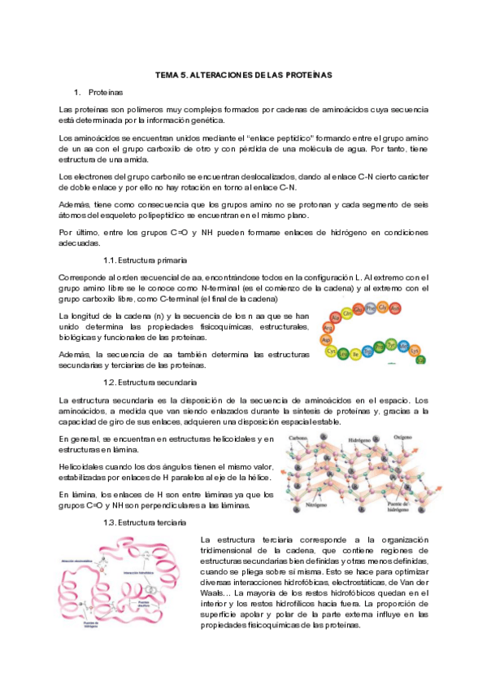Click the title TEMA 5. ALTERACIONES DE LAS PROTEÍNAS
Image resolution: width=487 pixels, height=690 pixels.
pyautogui.click(x=244, y=75)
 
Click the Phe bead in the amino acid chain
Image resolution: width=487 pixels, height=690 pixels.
pyautogui.click(x=371, y=308)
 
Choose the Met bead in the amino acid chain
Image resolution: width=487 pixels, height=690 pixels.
pyautogui.click(x=404, y=346)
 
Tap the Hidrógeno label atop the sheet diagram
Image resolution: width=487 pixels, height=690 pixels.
pyautogui.click(x=361, y=438)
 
